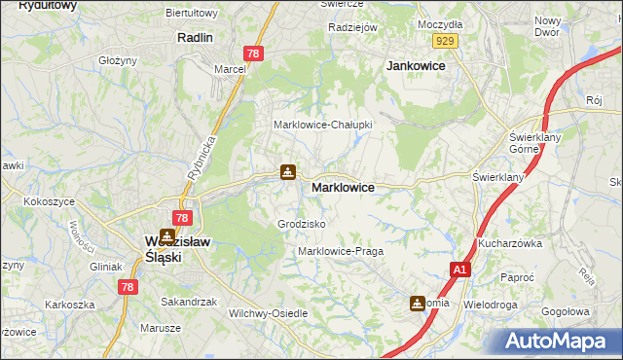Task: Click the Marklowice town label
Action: pyautogui.click(x=343, y=187)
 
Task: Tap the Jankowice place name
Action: pyautogui.click(x=416, y=65)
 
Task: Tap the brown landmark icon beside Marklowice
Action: pyautogui.click(x=288, y=172)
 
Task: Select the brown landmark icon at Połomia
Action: pyautogui.click(x=419, y=303)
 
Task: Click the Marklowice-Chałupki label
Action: pyautogui.click(x=323, y=125)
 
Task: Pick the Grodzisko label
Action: pyautogui.click(x=301, y=224)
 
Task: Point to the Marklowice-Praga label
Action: pyautogui.click(x=341, y=251)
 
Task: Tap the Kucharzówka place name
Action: pyautogui.click(x=509, y=243)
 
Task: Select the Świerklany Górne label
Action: pyautogui.click(x=531, y=144)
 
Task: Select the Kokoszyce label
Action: pyautogui.click(x=52, y=200)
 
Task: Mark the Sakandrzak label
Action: pyautogui.click(x=188, y=302)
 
